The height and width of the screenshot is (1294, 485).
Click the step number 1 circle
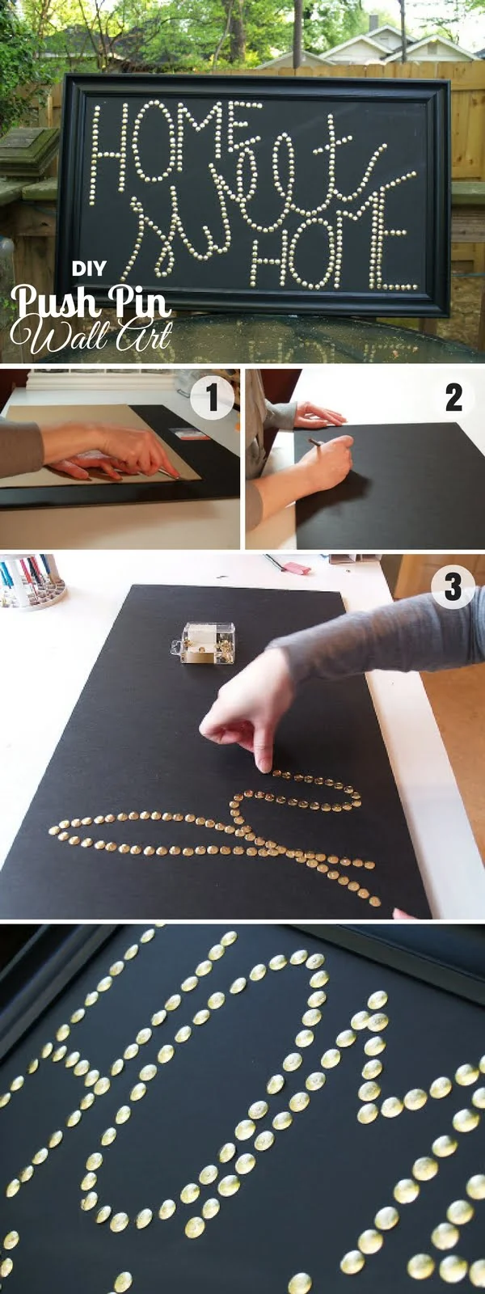click(x=212, y=398)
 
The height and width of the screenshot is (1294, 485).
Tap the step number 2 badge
click(x=453, y=398)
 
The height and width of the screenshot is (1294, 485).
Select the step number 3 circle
click(x=453, y=586)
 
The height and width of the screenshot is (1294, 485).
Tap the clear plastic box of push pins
click(x=207, y=643)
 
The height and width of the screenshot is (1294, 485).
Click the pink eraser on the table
click(x=297, y=569)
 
